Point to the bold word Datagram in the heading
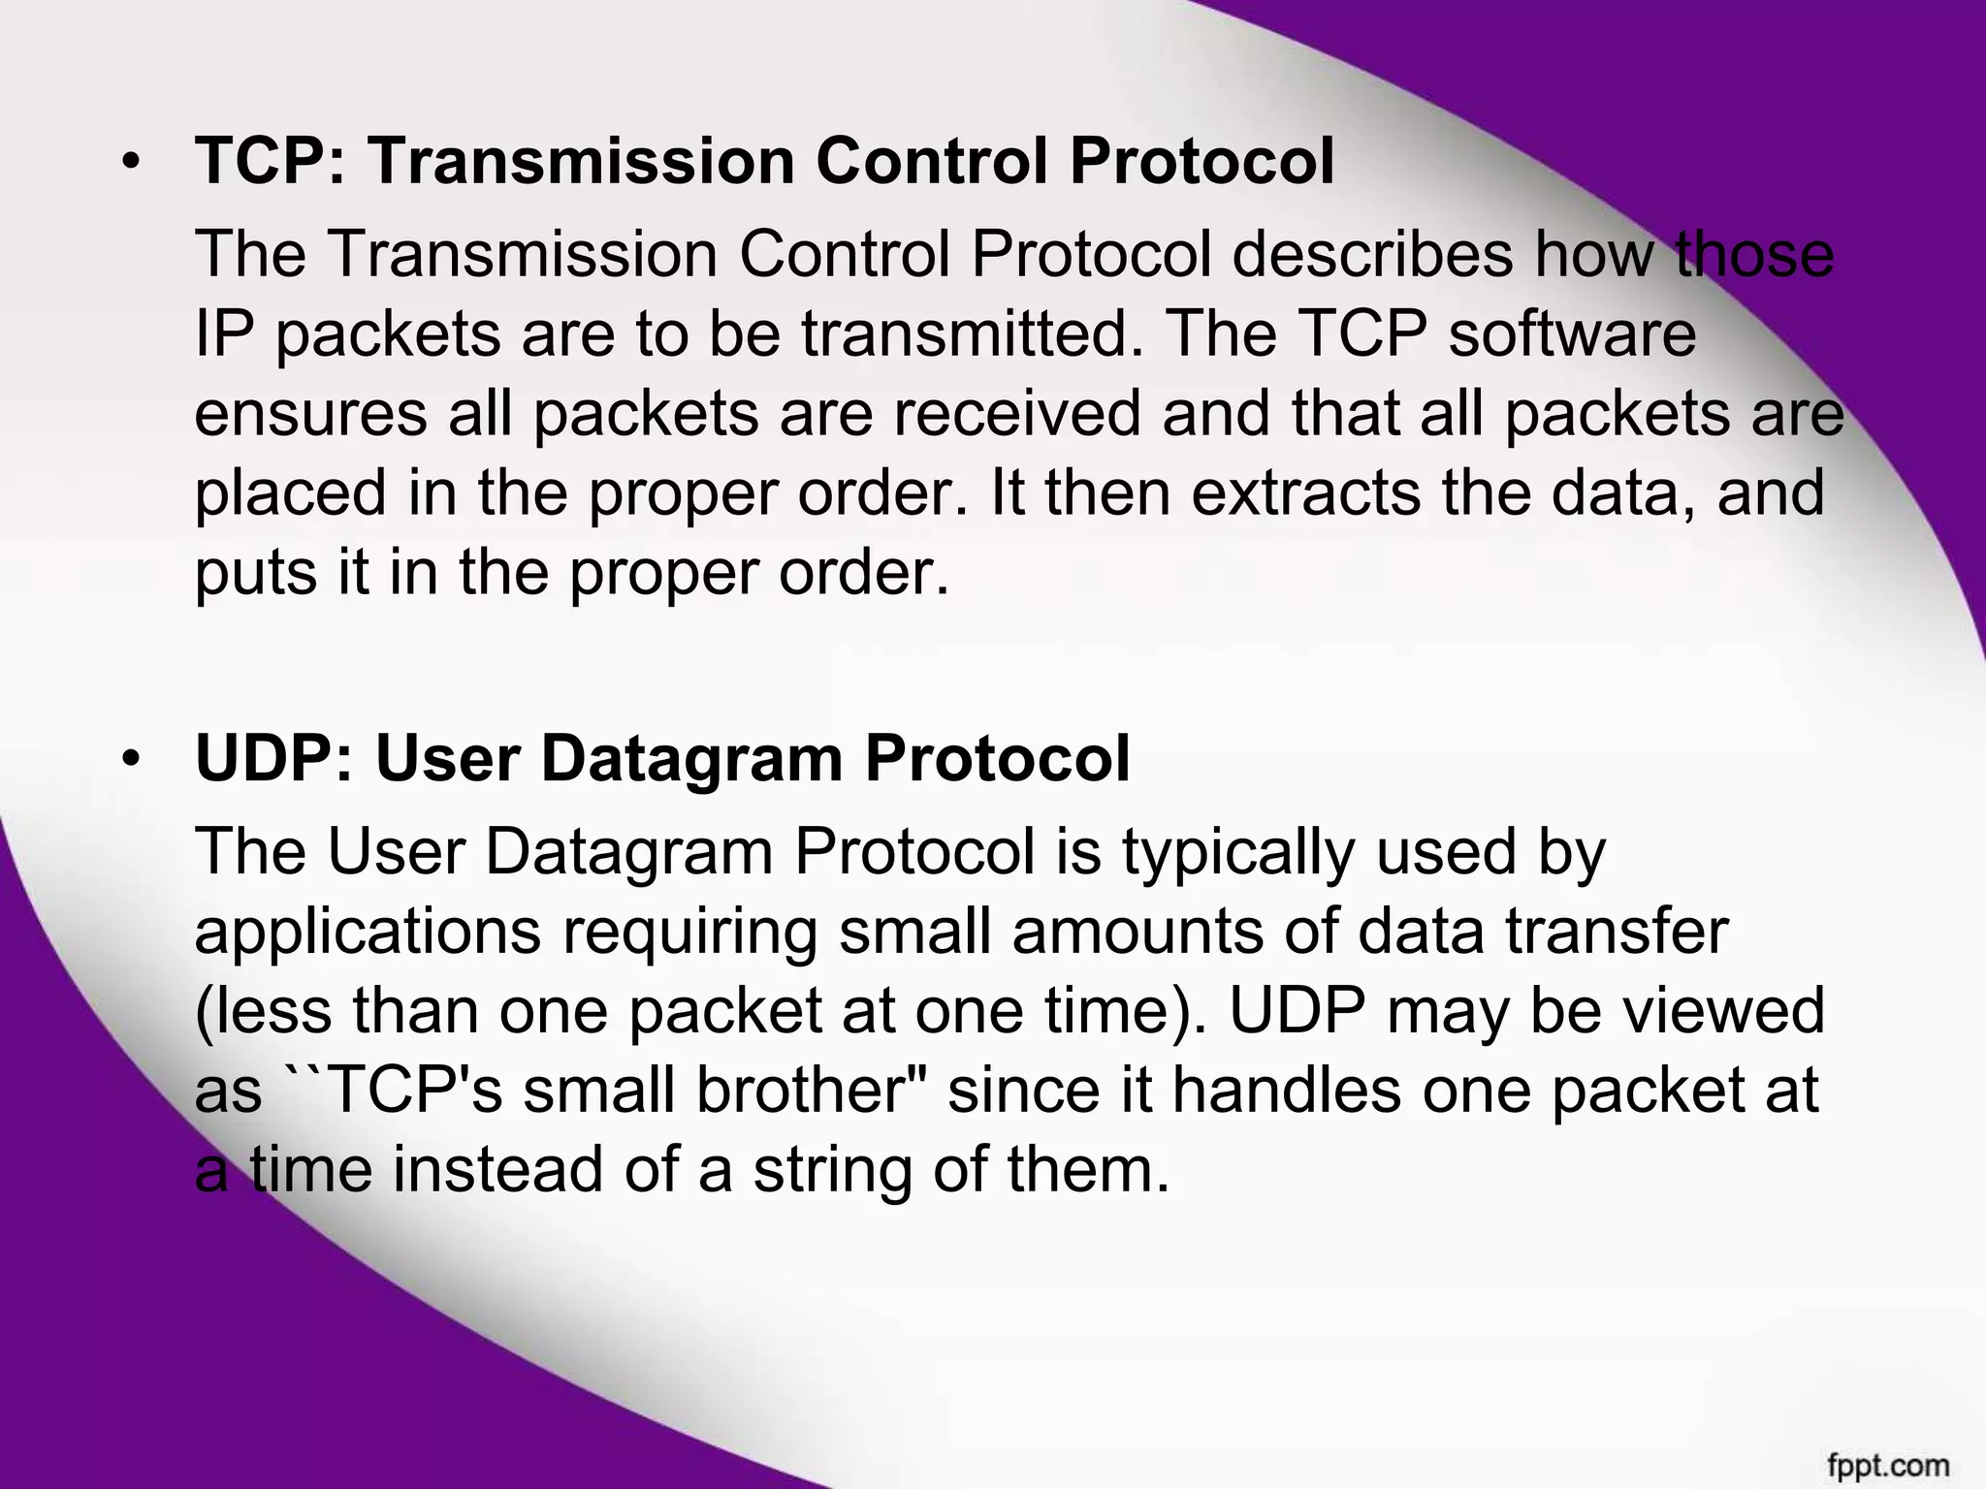click(691, 760)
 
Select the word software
click(1572, 334)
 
